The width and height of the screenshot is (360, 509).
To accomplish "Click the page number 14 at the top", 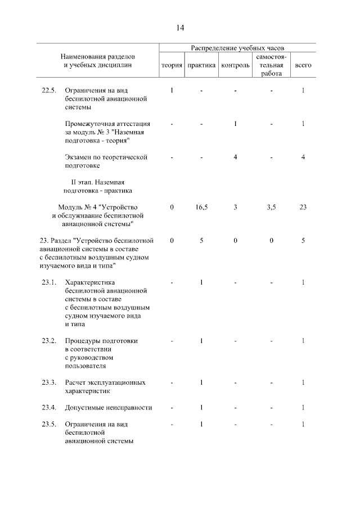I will (x=180, y=27).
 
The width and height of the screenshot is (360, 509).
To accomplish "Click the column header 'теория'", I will (x=172, y=65).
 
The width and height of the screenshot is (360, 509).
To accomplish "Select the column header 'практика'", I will (x=201, y=65).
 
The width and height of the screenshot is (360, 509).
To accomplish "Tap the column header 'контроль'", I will (x=236, y=65).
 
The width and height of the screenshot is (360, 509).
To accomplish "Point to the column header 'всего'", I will (x=303, y=65).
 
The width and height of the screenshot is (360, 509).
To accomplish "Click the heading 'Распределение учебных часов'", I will (x=237, y=48).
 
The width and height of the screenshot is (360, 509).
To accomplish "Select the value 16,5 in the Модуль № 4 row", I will (x=201, y=208).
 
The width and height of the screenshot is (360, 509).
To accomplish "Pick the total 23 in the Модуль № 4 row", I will (x=303, y=208).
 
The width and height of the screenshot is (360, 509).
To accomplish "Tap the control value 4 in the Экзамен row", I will (x=235, y=157).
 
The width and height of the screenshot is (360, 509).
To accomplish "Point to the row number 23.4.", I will (x=49, y=407).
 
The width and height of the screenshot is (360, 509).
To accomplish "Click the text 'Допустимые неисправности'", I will (x=109, y=407).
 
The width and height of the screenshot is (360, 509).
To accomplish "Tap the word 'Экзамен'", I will (x=80, y=157).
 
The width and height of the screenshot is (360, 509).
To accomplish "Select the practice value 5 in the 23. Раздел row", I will (x=201, y=241).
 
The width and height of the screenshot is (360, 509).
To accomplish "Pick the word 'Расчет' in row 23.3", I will (x=76, y=382).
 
